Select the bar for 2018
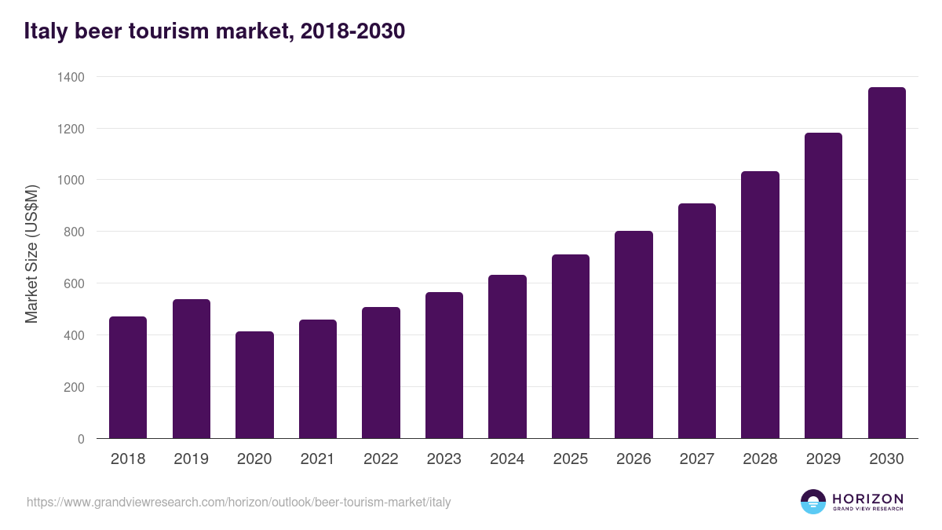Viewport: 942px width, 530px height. coord(128,378)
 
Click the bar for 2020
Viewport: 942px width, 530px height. coord(254,385)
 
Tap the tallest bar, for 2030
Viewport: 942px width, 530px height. coord(886,263)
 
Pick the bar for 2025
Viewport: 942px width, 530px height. coord(571,346)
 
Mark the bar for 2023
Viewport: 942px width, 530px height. coord(444,365)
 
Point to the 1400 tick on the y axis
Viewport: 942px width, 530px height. coord(71,77)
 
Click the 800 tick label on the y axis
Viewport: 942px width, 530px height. coord(74,232)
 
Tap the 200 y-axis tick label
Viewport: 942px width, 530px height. coord(74,387)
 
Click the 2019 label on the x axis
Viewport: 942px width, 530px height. coord(191,459)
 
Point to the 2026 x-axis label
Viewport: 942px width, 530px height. coord(633,459)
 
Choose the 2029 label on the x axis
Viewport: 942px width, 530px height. coord(823,459)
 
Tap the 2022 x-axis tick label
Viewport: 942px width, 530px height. coord(381,459)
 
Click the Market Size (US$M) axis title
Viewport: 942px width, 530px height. coord(31,254)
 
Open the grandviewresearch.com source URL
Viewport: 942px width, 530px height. coord(239,502)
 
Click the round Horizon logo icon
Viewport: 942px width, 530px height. coord(812,502)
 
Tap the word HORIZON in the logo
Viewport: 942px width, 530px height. coord(867,499)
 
